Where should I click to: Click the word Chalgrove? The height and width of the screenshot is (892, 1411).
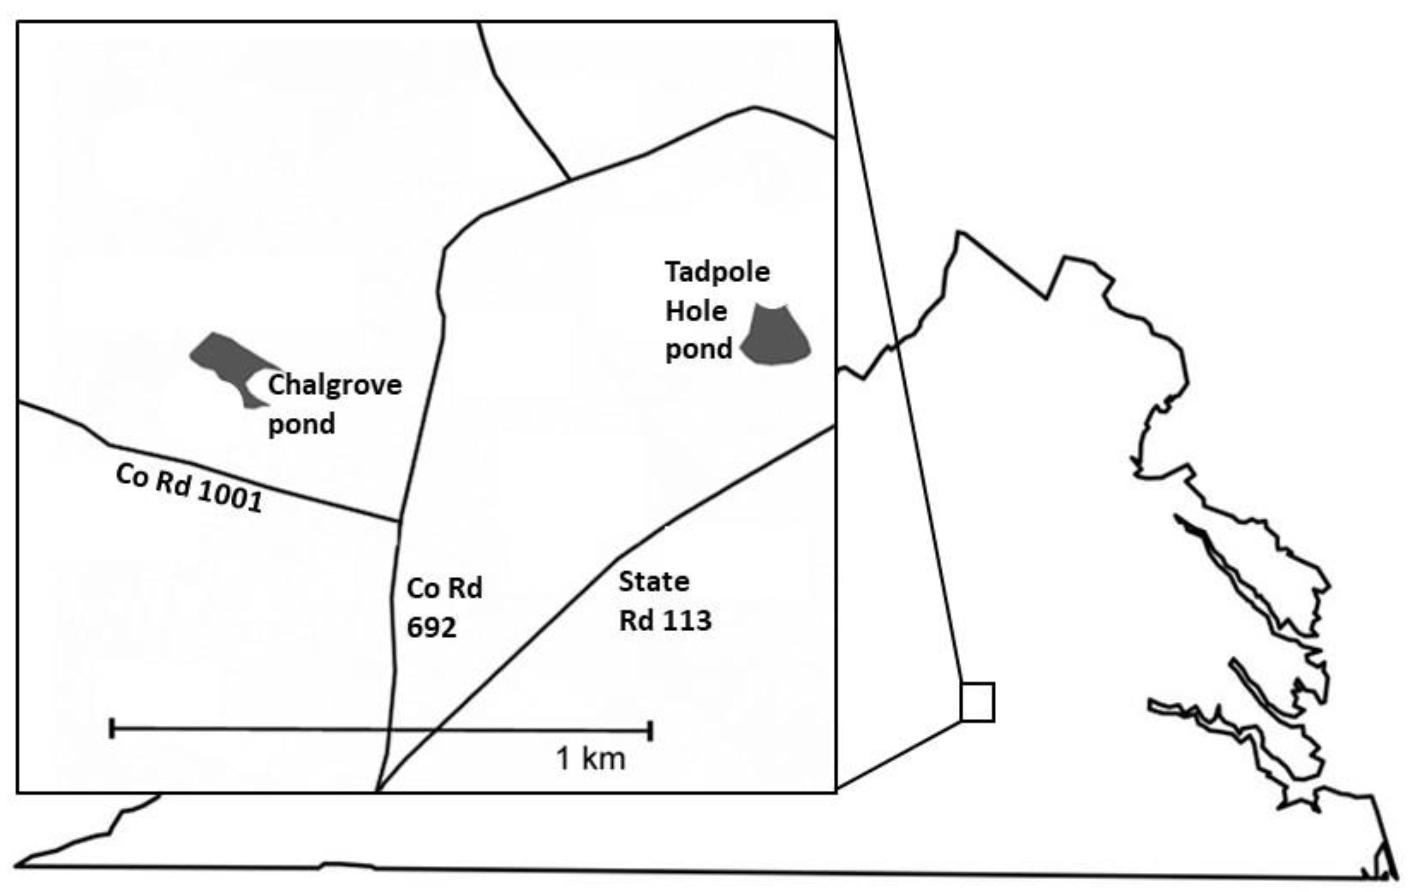pos(335,385)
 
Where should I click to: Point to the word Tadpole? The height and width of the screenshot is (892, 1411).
pos(717,272)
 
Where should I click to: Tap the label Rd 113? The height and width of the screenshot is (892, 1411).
pos(665,621)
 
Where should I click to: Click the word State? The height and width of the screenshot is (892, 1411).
pos(654,582)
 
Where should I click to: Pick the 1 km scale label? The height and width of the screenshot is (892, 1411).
pos(591,759)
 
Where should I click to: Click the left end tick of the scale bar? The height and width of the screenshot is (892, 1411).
pos(112,729)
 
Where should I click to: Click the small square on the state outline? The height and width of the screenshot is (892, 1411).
pos(978,702)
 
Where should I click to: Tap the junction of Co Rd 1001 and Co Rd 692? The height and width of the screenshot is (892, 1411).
pos(400,520)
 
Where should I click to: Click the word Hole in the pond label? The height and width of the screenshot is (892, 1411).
pos(696,312)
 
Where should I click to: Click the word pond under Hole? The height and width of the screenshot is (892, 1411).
pos(698,350)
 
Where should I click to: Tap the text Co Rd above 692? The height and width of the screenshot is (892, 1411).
pos(444,588)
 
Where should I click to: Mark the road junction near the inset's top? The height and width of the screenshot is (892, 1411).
pos(570,179)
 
